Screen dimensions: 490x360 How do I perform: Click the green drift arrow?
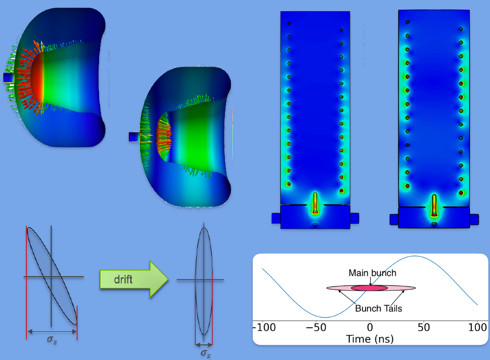134,279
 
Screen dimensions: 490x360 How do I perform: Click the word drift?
123,280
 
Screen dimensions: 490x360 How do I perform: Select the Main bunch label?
372,273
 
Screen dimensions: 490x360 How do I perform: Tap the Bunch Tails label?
378,308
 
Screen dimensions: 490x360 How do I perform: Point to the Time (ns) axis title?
369,339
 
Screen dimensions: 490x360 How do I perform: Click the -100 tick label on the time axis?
264,327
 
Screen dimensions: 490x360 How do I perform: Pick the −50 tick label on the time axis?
316,327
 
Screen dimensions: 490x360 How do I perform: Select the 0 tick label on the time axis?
370,327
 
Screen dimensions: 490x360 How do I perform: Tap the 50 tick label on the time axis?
424,327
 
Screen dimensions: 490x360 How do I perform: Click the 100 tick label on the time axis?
477,327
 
